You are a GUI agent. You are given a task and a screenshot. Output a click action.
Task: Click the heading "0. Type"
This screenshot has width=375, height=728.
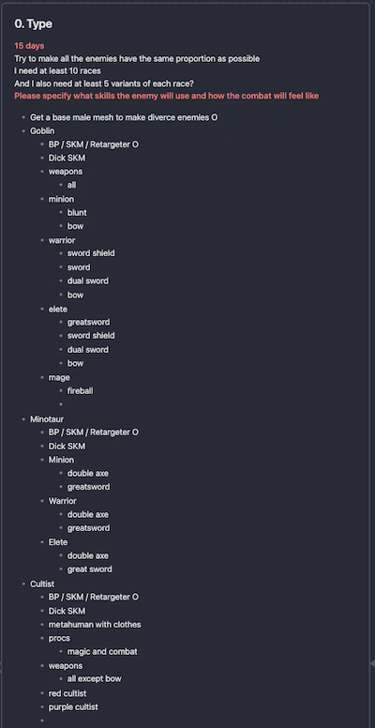click(x=33, y=24)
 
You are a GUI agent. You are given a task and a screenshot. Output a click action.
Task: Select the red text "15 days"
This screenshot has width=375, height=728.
click(x=29, y=46)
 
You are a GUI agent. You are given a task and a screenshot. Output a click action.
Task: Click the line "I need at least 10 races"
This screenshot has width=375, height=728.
click(x=57, y=71)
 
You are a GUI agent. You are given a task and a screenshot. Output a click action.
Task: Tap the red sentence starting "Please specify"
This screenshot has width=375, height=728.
click(x=167, y=96)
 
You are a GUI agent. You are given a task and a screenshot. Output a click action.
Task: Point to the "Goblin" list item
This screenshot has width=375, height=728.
click(x=42, y=131)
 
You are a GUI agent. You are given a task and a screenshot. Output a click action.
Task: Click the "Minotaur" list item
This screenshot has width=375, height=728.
click(x=47, y=419)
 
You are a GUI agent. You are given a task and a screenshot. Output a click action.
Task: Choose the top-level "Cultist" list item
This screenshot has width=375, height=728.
click(x=42, y=584)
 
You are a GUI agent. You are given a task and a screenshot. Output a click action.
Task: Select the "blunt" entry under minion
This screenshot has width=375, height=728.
click(x=77, y=213)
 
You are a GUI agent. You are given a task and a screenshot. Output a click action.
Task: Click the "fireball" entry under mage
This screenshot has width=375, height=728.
click(x=81, y=391)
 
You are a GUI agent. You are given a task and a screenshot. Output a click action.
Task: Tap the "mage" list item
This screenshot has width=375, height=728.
click(x=59, y=377)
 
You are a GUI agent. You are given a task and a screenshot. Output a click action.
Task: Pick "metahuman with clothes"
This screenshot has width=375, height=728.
click(x=95, y=625)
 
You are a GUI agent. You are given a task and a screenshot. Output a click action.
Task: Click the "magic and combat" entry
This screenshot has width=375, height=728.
click(x=102, y=651)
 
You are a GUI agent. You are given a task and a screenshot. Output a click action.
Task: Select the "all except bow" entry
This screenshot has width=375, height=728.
click(x=94, y=679)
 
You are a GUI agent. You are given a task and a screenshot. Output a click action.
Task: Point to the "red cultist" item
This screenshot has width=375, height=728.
click(x=67, y=693)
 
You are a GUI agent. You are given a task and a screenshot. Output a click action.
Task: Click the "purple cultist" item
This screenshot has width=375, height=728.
click(x=73, y=707)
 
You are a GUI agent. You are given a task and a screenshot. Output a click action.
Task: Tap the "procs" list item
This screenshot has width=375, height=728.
click(x=59, y=638)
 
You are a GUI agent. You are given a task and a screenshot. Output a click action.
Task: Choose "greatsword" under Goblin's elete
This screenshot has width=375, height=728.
click(x=89, y=322)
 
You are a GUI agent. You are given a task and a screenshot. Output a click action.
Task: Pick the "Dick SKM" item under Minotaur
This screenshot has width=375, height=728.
click(x=67, y=447)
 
